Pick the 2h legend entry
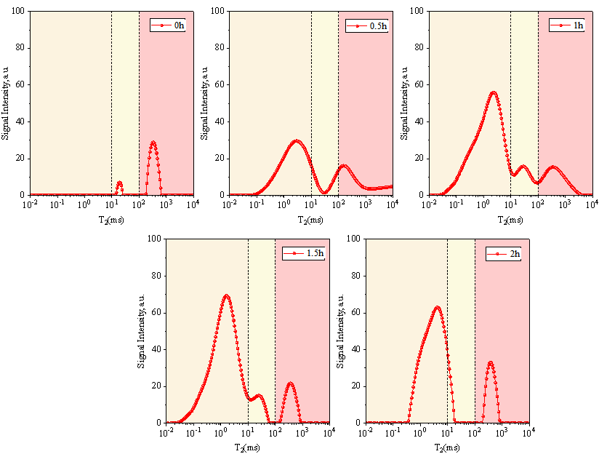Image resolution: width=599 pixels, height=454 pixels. (x=507, y=253)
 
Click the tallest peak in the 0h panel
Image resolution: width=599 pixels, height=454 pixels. (x=153, y=142)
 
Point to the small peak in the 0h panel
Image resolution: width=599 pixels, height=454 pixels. (x=119, y=183)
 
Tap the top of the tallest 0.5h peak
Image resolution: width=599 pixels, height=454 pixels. (x=297, y=140)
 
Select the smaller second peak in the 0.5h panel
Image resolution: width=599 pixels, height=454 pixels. (x=344, y=166)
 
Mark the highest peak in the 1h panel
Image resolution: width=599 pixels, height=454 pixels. (x=494, y=92)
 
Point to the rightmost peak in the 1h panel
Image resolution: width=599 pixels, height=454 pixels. (x=554, y=167)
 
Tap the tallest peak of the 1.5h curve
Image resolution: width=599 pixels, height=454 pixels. (x=227, y=295)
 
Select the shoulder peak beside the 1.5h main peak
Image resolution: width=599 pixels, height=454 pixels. (x=258, y=395)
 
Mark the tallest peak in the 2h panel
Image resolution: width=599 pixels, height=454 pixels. (x=437, y=306)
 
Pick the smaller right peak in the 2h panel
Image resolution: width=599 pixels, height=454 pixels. (x=491, y=362)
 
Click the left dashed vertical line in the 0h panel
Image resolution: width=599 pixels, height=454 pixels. (x=111, y=102)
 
